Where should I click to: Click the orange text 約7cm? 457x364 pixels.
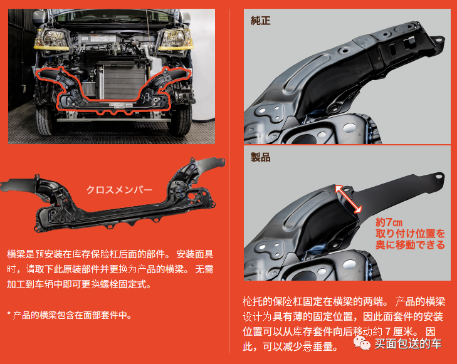[x=388, y=222]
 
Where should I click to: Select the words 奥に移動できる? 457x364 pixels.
[x=411, y=245]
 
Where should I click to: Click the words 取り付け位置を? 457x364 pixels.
[x=411, y=234]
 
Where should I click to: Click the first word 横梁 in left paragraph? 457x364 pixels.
[x=16, y=254]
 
